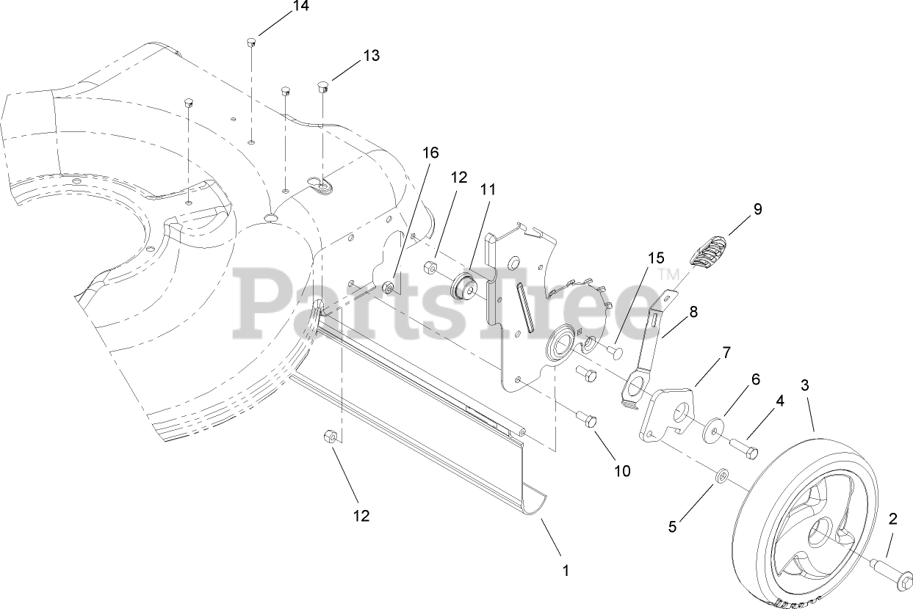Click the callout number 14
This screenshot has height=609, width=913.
tap(280, 7)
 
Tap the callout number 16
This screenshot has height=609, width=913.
tap(430, 153)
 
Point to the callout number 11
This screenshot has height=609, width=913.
tap(488, 189)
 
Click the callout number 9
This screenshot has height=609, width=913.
tap(757, 209)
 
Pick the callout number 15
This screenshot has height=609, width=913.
tap(655, 258)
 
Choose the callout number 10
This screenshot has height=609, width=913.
tap(622, 470)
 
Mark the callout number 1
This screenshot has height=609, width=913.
tap(566, 569)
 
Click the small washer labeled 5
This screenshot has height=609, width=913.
tap(722, 478)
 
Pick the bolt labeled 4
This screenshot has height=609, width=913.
tap(743, 446)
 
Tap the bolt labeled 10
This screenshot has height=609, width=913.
tap(588, 420)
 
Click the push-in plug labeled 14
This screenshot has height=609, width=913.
tap(250, 43)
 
